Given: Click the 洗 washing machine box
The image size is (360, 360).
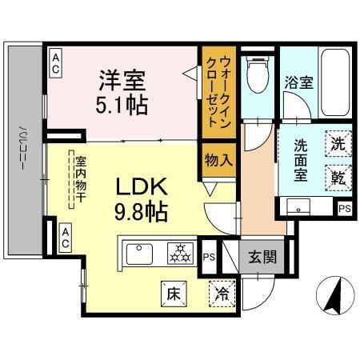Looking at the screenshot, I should [338, 146].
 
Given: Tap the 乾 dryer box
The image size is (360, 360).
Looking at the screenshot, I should [338, 177].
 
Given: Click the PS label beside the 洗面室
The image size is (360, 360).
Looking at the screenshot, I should [344, 209].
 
